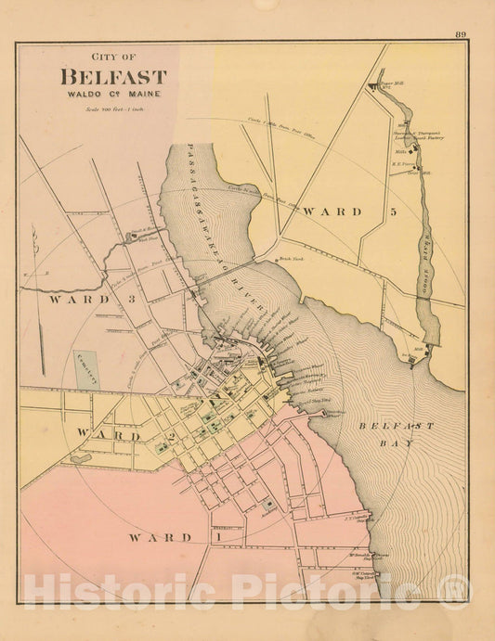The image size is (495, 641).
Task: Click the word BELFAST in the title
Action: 113,78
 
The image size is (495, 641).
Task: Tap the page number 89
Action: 461,35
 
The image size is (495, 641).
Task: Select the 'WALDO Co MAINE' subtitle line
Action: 113,95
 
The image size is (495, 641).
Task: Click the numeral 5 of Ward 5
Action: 394,212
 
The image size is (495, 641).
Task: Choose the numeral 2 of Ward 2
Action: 172,435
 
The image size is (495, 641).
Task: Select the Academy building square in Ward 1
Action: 269,506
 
